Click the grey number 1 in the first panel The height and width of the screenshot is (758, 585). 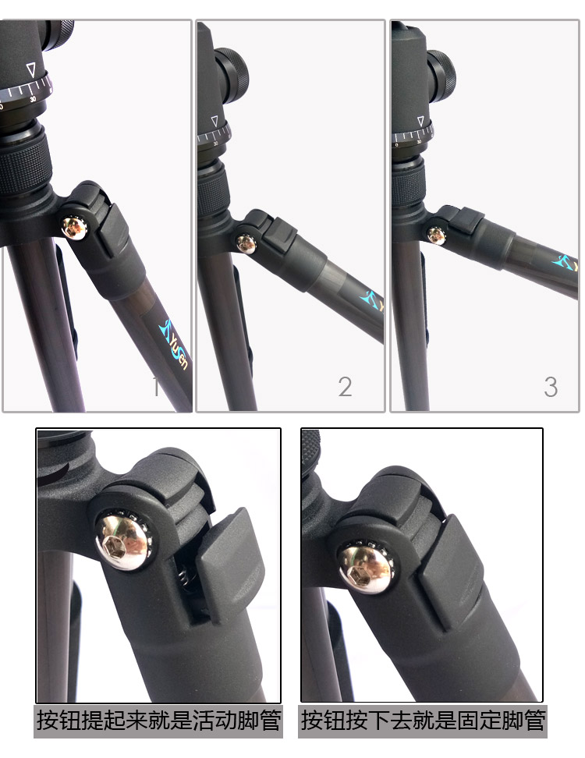(155, 387)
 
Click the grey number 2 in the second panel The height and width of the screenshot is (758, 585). (345, 387)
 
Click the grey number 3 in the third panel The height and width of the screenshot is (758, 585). (551, 387)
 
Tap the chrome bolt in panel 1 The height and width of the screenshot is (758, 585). (74, 227)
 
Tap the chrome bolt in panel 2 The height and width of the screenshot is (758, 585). (246, 243)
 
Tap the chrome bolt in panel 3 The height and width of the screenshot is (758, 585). (436, 236)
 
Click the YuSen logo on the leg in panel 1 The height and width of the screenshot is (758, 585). (174, 343)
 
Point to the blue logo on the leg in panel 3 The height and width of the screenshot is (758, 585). (565, 263)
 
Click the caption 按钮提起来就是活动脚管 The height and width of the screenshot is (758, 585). (158, 721)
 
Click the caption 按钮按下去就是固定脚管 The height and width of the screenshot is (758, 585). (423, 721)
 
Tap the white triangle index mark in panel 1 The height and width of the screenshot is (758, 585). (31, 69)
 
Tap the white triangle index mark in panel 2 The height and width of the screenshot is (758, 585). (214, 120)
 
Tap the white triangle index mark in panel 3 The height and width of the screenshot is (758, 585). (420, 121)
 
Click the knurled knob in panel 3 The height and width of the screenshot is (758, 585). (441, 76)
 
